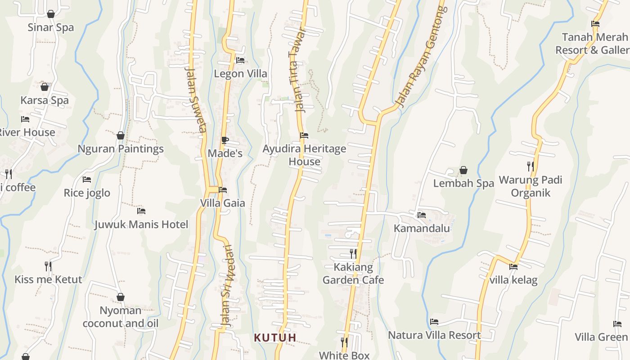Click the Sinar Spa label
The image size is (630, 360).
pos(50,27)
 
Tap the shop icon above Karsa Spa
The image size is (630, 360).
pos(45,87)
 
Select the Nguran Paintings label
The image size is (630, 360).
pos(121,148)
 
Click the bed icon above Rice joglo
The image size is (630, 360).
pos(87,180)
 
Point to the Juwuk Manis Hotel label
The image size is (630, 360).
pos(141,224)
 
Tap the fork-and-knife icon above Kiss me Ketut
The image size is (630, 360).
pos(48,266)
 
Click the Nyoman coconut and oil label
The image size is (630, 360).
pos(121,317)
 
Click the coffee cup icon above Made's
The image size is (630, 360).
pos(225,140)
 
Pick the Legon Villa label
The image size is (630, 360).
pos(240,73)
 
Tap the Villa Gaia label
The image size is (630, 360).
pos(222,203)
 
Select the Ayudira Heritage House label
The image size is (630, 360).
pos(305,155)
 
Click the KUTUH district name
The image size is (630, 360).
pos(275,337)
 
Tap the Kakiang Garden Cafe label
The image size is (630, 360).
pos(353,274)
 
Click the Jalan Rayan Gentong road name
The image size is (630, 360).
pos(419,57)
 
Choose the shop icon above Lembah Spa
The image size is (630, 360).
pos(463,171)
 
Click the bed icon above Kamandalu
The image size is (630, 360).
pos(422,215)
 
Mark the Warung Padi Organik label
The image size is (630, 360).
pos(531,186)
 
